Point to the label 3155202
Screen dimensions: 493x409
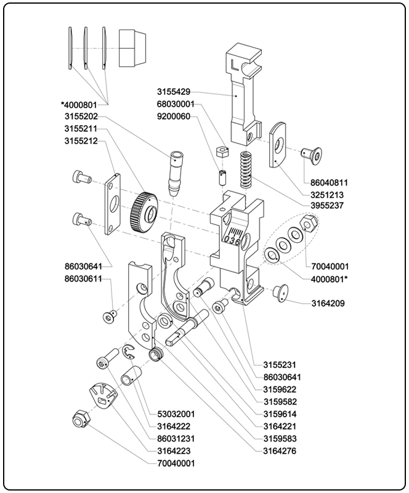(84, 116)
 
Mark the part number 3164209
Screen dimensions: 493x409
(327, 303)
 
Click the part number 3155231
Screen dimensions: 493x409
(279, 365)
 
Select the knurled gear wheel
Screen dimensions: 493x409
(147, 213)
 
